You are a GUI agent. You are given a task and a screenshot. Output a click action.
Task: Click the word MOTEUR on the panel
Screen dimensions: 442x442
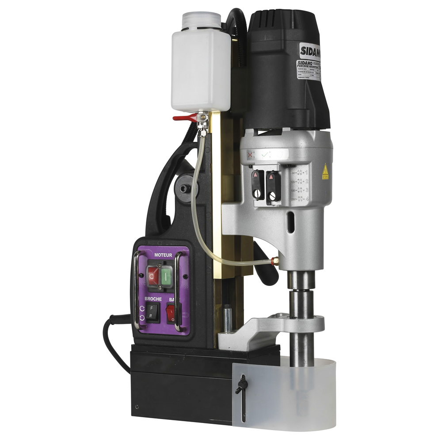(163, 255)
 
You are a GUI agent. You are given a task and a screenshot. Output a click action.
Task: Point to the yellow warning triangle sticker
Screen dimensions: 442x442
(325, 171)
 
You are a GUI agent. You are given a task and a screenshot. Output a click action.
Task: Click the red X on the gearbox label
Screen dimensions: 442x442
(250, 155)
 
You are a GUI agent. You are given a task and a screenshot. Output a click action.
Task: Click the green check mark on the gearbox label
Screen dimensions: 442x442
(265, 155)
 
